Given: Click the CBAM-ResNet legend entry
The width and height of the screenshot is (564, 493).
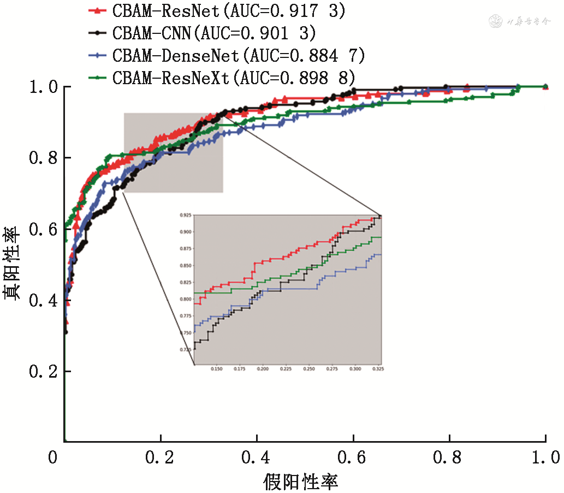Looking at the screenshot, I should [229, 11].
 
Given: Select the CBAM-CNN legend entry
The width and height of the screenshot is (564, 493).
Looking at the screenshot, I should [215, 33].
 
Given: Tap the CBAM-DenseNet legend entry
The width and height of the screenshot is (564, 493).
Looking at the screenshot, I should [239, 55].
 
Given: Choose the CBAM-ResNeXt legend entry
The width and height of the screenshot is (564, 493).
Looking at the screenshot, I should [235, 77].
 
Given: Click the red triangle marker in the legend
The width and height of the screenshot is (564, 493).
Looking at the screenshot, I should [97, 10].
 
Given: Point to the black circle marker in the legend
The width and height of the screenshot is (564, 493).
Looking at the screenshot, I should [97, 33].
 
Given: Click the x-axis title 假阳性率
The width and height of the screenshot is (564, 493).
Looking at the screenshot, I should [301, 482].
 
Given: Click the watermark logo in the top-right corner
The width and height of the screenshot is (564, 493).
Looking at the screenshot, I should [496, 22].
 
